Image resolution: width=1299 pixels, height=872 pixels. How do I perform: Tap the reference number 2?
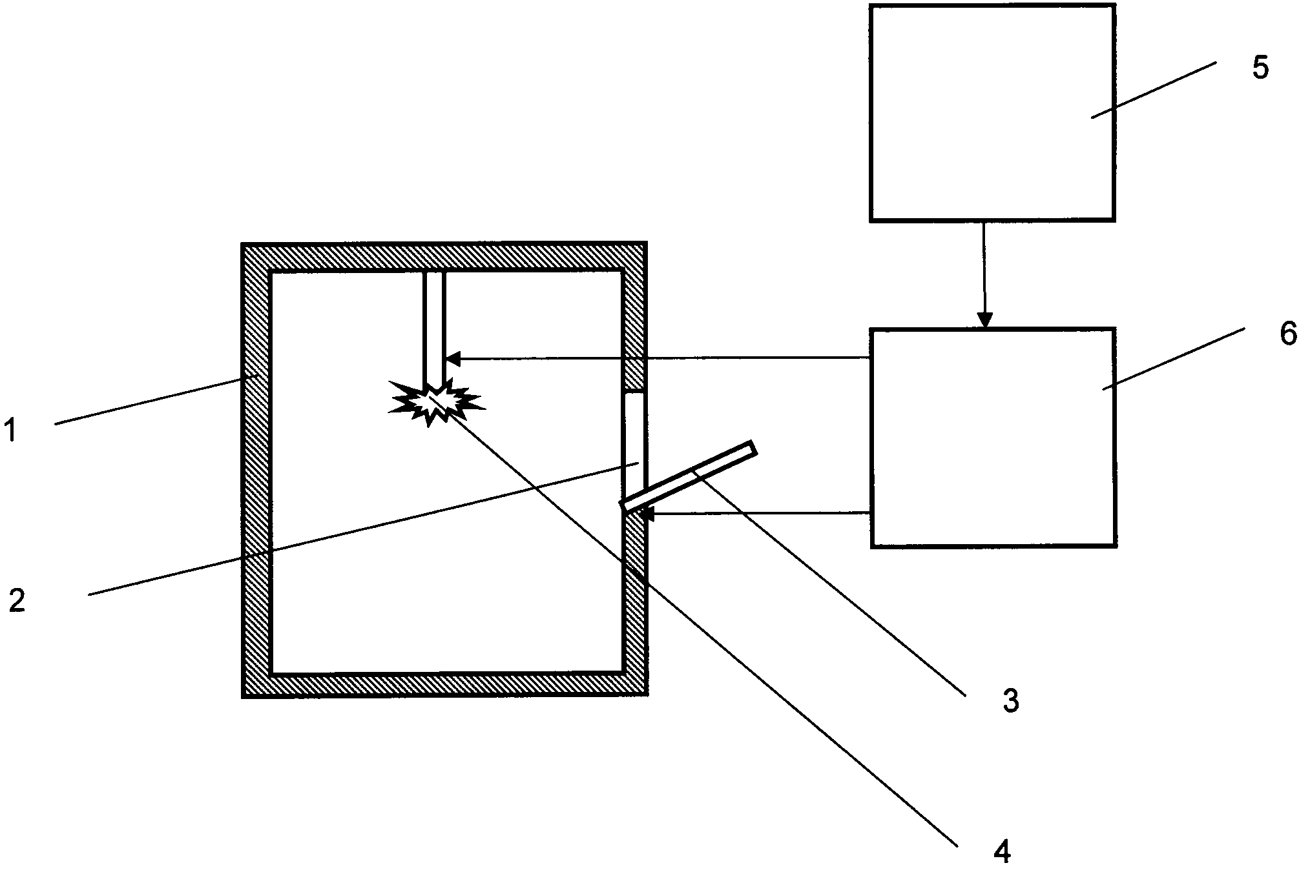(x=17, y=601)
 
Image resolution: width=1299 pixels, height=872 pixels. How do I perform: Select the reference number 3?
(x=1011, y=700)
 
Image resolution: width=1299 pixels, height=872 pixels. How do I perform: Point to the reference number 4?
(x=1001, y=852)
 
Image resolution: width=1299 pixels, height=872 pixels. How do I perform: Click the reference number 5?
(x=1260, y=68)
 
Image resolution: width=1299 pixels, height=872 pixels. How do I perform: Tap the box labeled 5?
(x=992, y=113)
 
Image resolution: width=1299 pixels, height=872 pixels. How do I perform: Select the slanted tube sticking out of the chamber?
(x=688, y=476)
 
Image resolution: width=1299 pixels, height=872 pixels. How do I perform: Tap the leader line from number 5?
(x=1153, y=90)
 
